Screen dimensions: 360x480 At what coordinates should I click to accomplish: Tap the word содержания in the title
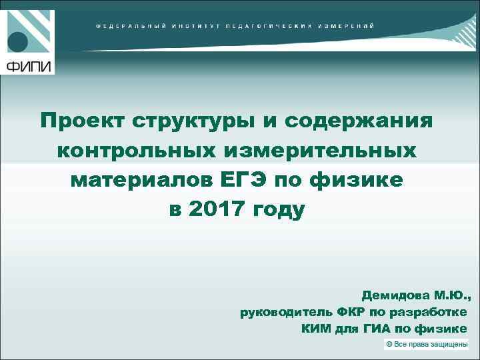pyautogui.click(x=359, y=122)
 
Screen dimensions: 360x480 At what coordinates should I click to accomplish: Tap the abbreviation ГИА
pyautogui.click(x=375, y=329)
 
